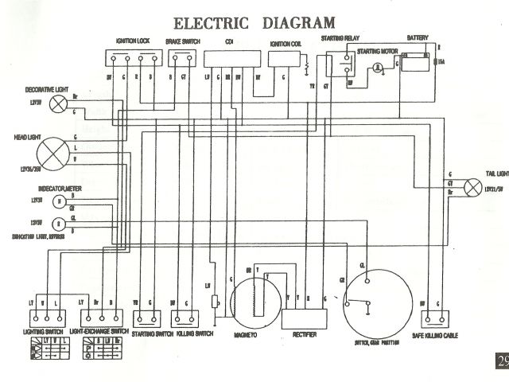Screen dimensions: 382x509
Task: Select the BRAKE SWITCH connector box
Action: [180, 58]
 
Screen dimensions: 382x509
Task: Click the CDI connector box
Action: [232, 58]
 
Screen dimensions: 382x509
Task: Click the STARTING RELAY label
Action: [338, 38]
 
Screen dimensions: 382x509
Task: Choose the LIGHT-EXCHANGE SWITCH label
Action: [99, 330]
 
